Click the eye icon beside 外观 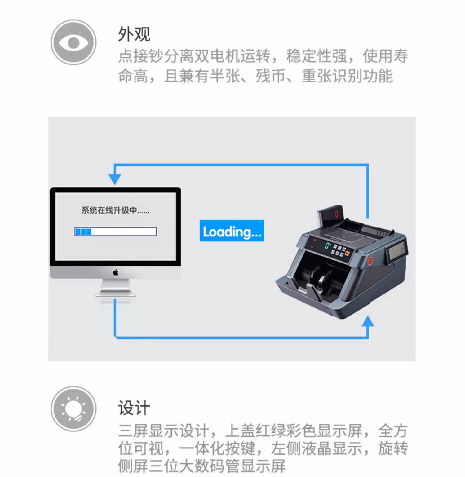coord(73,42)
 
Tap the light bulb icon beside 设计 coord(73,409)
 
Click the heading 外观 coord(134,34)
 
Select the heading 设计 coord(134,408)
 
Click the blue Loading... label coord(232,231)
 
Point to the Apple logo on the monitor coord(115,272)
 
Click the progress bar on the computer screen coord(115,232)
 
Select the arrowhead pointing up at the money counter coord(368,321)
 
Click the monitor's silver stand coord(115,288)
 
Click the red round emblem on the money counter coord(370,260)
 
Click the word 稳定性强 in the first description coord(317,56)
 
